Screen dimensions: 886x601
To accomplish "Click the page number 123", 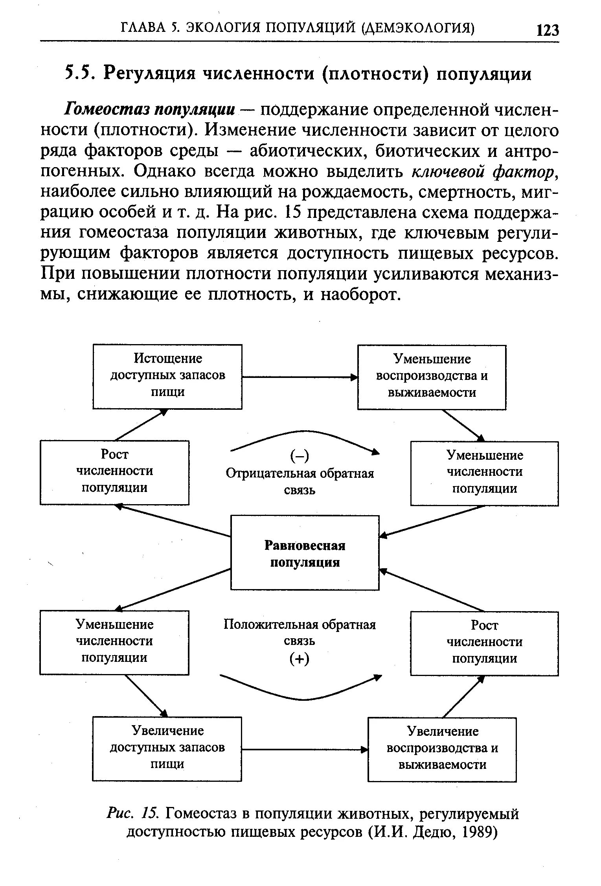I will pos(547,29).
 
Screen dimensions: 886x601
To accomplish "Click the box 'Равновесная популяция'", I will pos(305,553).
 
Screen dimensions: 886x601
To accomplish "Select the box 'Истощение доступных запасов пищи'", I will pos(167,376).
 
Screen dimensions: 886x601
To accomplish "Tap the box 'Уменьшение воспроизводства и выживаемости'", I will pos(432,377).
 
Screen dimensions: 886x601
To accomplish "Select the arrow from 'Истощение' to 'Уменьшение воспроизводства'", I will pos(300,377).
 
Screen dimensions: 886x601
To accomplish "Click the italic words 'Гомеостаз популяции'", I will pos(150,110).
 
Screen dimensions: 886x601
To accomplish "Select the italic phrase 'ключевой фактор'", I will pos(484,171).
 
